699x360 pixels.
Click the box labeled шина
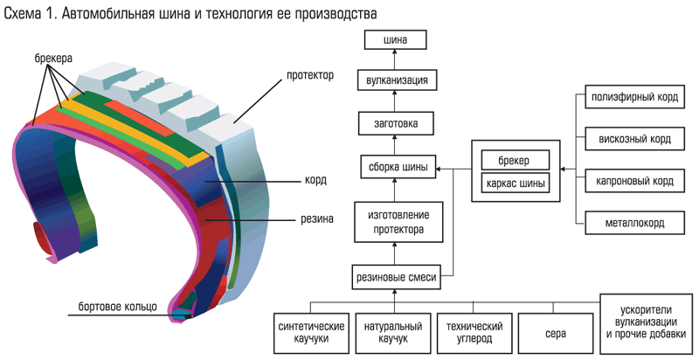[395, 40]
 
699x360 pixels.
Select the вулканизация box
[395, 80]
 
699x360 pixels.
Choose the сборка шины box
[395, 168]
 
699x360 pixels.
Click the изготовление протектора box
[395, 222]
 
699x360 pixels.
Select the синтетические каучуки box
[305, 333]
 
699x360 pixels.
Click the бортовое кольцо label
[117, 306]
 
